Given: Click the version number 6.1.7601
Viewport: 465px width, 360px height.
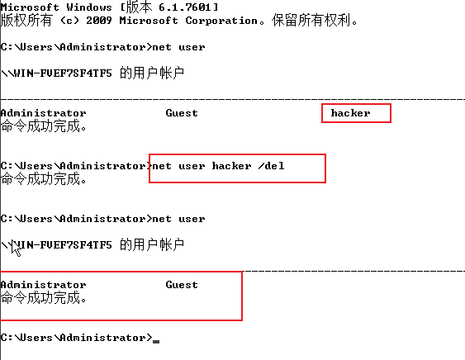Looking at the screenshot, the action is (x=185, y=7).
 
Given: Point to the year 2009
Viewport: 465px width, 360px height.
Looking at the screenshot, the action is (x=99, y=21).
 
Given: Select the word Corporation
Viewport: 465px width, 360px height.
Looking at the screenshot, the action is (x=221, y=21).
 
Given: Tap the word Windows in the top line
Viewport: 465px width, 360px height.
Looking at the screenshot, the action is (x=89, y=7).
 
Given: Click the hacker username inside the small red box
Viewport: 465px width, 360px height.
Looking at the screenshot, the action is (x=350, y=113).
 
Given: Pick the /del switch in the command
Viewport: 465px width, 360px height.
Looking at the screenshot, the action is (x=271, y=166).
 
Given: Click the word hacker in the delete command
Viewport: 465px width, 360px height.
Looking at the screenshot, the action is (x=231, y=166).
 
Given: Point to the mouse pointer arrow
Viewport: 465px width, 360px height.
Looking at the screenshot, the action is (x=16, y=249).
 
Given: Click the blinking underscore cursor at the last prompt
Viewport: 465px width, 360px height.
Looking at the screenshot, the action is (x=156, y=342).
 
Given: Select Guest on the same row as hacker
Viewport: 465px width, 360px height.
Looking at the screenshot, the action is (x=182, y=113).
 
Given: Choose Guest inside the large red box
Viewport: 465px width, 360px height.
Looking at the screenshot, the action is (x=182, y=285).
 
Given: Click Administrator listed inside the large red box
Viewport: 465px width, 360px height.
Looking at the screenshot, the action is (x=43, y=285).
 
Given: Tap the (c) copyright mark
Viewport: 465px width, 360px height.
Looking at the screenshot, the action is (x=69, y=21).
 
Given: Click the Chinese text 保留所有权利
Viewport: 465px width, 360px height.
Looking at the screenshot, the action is (x=311, y=21).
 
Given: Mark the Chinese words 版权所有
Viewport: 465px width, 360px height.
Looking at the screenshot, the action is (x=26, y=21).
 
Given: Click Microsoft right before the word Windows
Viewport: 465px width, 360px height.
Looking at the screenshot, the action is (x=30, y=7).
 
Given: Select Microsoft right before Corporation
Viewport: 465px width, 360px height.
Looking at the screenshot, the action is (x=149, y=21).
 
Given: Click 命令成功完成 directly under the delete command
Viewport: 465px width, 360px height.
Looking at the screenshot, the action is (x=40, y=179).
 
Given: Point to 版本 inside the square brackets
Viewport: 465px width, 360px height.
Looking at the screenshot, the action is (x=139, y=7).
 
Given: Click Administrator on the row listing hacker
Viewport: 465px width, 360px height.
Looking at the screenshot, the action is (x=43, y=113).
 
